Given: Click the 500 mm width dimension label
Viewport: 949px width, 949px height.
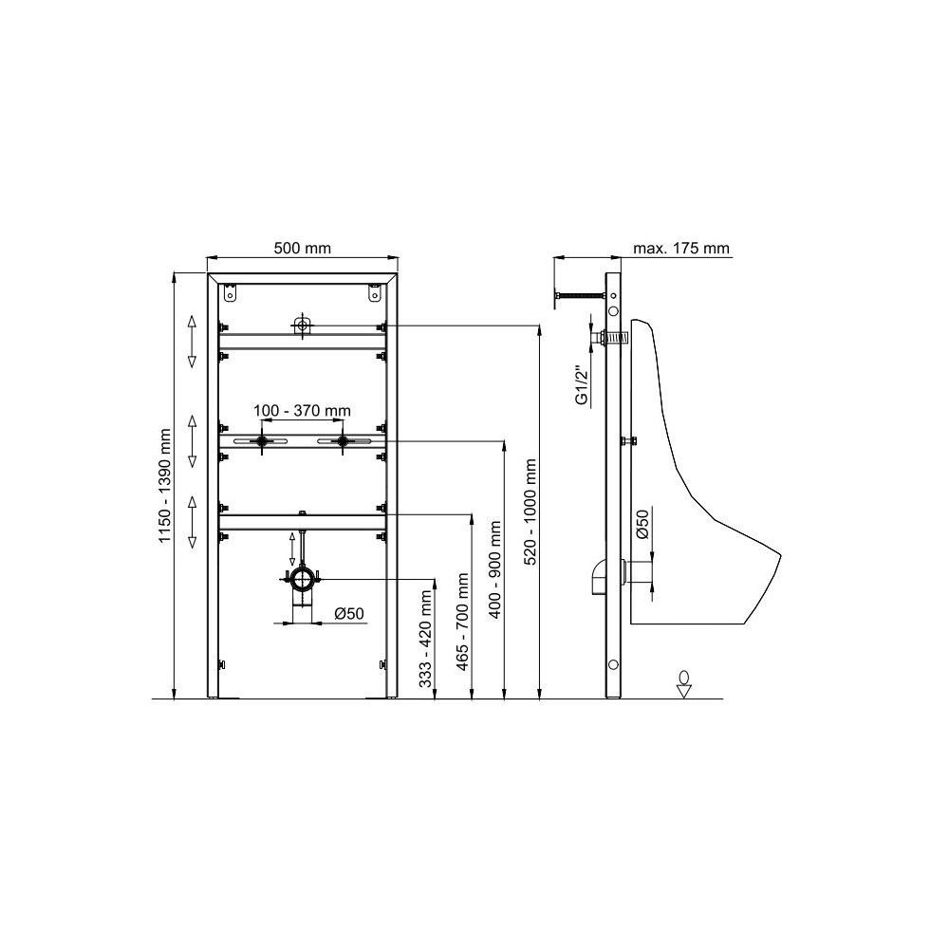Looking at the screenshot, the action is (x=303, y=248).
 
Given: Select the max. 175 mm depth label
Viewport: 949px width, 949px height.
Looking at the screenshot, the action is (x=680, y=248).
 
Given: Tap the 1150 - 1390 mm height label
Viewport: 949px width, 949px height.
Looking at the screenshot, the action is (x=164, y=486).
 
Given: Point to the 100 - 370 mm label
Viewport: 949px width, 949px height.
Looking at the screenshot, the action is (x=302, y=411).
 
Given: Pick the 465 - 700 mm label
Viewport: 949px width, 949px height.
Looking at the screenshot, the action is (x=463, y=622).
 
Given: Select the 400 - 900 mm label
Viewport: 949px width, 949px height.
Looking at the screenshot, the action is (x=496, y=568).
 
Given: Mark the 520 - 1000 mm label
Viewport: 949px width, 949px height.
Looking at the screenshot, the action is (x=530, y=512).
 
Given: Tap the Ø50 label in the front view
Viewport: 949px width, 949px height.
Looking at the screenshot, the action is (x=349, y=614).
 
